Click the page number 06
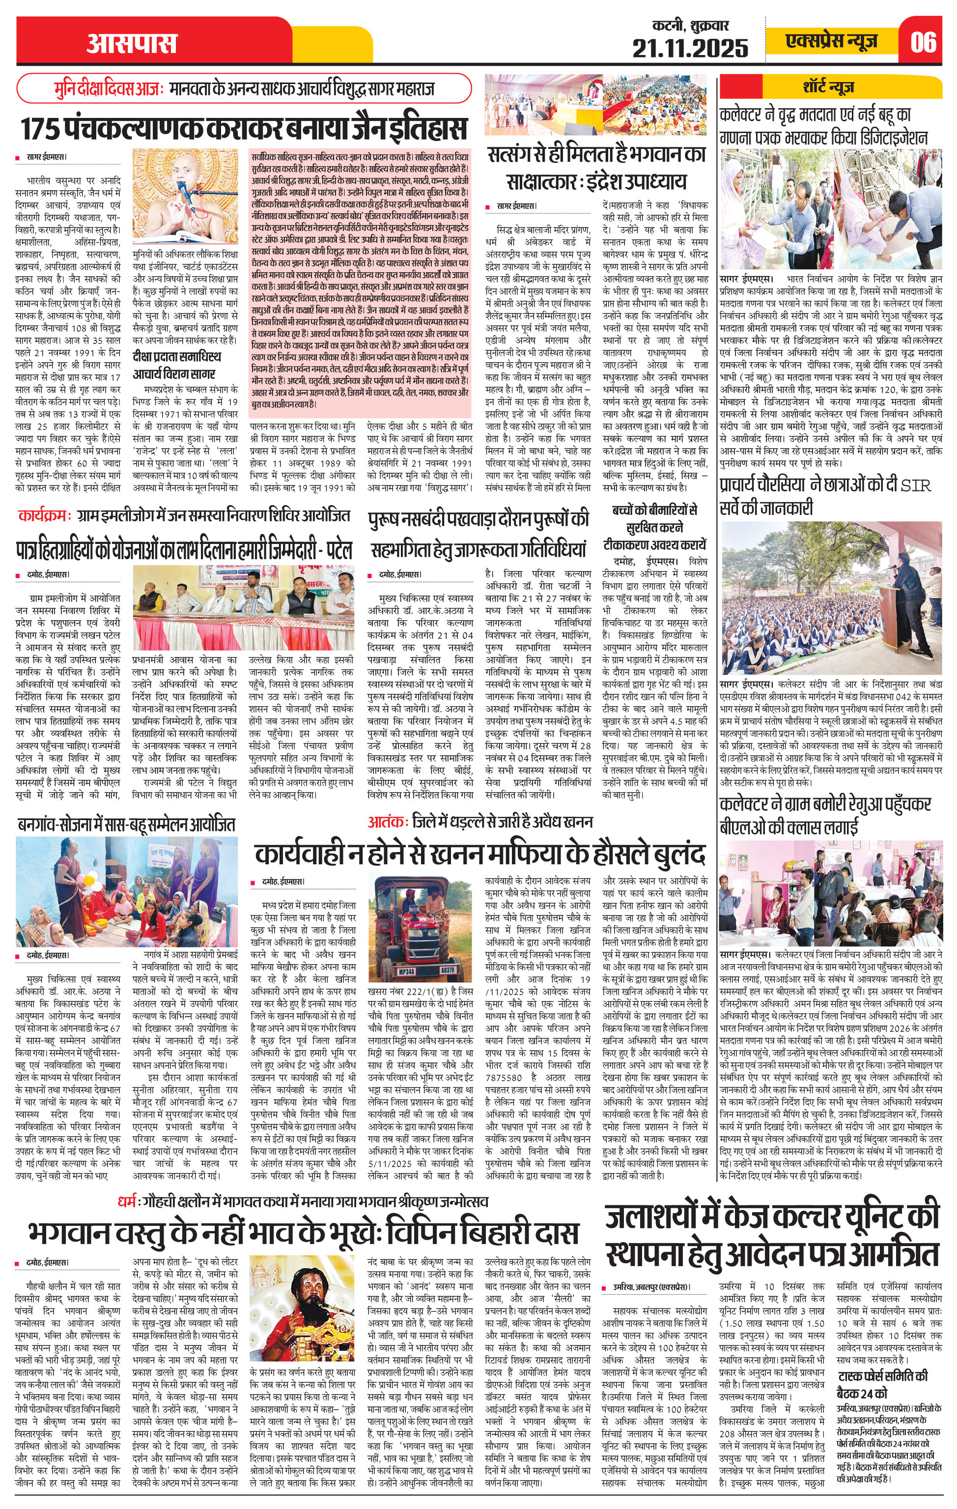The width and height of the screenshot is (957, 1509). pos(924,42)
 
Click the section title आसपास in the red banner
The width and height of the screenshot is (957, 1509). pos(132,43)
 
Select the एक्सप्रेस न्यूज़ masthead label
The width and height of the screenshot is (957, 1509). pos(831,41)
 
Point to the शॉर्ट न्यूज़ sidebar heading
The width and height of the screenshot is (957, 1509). pos(828,86)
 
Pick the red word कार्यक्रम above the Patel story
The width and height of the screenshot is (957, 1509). pos(45,516)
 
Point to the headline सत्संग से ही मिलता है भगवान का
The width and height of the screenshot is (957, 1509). pos(596,154)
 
